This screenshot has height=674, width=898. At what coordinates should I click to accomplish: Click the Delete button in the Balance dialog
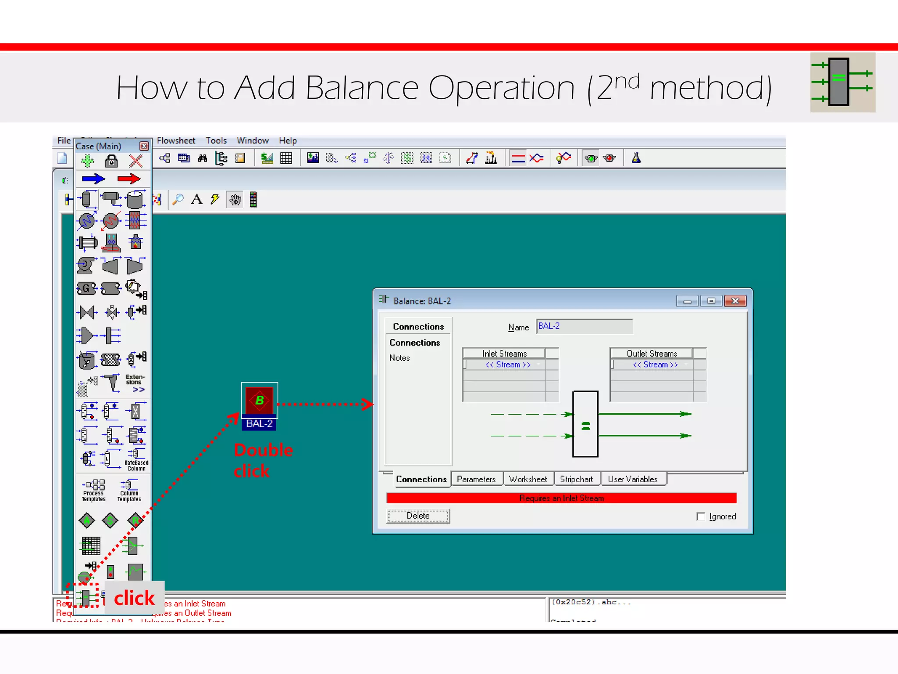[x=418, y=516]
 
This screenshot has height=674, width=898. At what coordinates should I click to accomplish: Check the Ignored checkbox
[x=701, y=516]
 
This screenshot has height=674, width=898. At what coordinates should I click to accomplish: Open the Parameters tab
[x=476, y=479]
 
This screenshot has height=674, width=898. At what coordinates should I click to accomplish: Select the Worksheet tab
[x=528, y=479]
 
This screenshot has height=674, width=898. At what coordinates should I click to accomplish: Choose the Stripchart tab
[x=576, y=479]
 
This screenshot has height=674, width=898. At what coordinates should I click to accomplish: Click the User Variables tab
[x=632, y=479]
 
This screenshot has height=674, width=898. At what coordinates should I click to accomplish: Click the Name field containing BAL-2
[x=584, y=326]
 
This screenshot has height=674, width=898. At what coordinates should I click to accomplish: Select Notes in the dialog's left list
[x=399, y=358]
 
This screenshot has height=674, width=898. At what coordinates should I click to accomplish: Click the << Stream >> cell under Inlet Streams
[x=508, y=365]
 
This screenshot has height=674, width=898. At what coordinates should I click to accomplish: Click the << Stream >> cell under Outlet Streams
[x=655, y=365]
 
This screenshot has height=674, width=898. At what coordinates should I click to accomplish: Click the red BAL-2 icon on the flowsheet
[x=259, y=400]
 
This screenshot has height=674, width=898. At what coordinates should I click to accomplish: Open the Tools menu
[x=216, y=140]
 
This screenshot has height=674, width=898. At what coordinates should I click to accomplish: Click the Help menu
[x=288, y=140]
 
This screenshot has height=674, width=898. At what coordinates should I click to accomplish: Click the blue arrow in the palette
[x=93, y=179]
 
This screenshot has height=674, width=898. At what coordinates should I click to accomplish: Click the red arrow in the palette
[x=129, y=179]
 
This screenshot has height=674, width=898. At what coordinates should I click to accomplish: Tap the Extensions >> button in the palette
[x=135, y=383]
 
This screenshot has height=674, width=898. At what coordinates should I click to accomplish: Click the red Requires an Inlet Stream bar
[x=561, y=498]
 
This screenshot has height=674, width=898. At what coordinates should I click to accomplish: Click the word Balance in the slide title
[x=362, y=88]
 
